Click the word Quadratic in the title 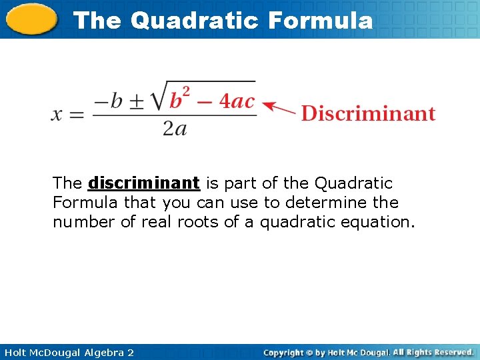tap(193, 20)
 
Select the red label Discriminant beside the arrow tap(368, 113)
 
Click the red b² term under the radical tap(178, 100)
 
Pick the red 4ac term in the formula tap(237, 101)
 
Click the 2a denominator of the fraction tap(174, 128)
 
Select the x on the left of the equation tap(58, 114)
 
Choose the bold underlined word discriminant tap(143, 183)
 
